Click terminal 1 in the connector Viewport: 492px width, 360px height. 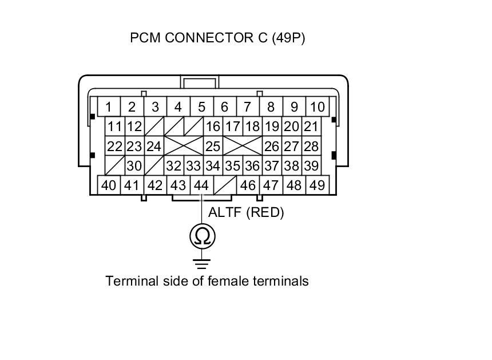pos(108,107)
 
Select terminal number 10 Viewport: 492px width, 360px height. pos(316,107)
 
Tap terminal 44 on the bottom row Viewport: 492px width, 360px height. pos(201,185)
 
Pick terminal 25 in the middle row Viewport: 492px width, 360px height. pos(213,146)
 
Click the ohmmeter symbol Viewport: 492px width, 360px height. pos(202,236)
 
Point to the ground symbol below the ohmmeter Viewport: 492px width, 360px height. pos(202,264)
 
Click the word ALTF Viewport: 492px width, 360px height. pos(225,212)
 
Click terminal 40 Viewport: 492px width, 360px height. pos(108,185)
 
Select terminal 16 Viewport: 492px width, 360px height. pos(213,126)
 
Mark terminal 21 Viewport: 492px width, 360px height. pos(311,126)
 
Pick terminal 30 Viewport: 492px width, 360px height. pos(134,165)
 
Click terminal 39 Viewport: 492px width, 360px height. pos(311,165)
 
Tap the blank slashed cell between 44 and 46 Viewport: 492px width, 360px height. pos(224,185)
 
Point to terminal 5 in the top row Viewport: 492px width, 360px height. pos(201,107)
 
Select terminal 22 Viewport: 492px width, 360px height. pos(115,146)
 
